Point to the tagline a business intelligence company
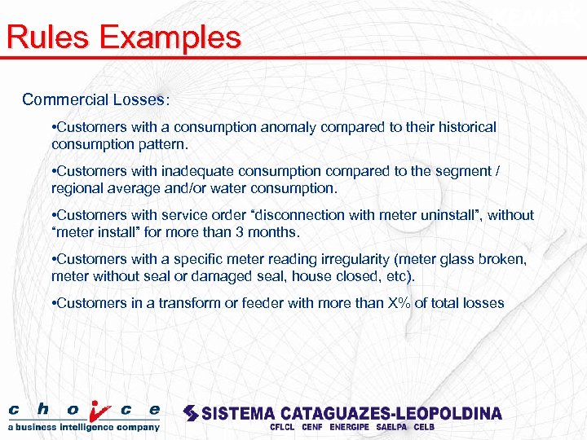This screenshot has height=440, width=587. point(84,427)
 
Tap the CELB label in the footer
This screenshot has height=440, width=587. point(424,427)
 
